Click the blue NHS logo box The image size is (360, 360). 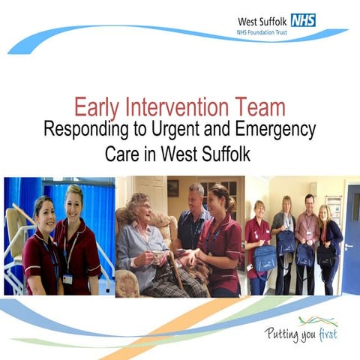point(303,20)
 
